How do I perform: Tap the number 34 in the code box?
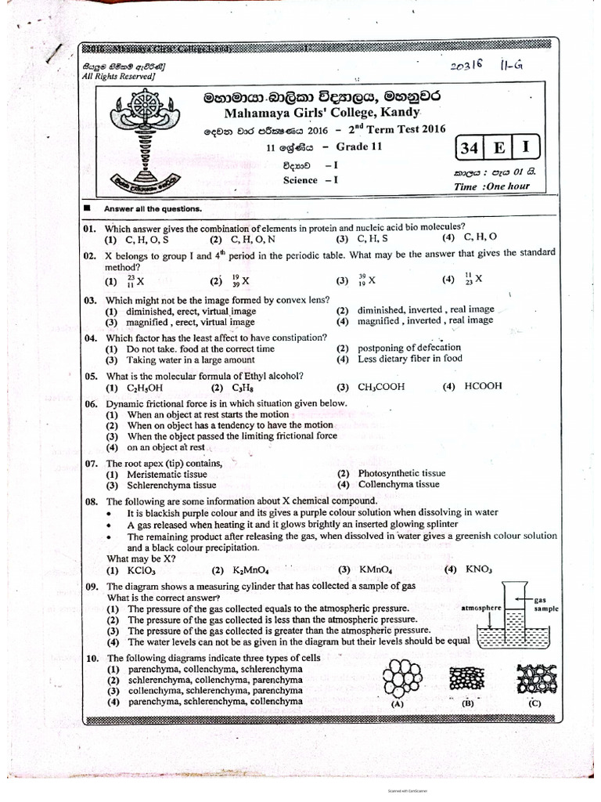[471, 148]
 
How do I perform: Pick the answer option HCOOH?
[483, 386]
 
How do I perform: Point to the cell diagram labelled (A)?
[401, 678]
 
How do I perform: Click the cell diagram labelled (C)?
[534, 678]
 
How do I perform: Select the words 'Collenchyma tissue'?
[399, 485]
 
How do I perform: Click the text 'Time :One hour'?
[491, 186]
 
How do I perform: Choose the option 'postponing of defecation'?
[409, 347]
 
